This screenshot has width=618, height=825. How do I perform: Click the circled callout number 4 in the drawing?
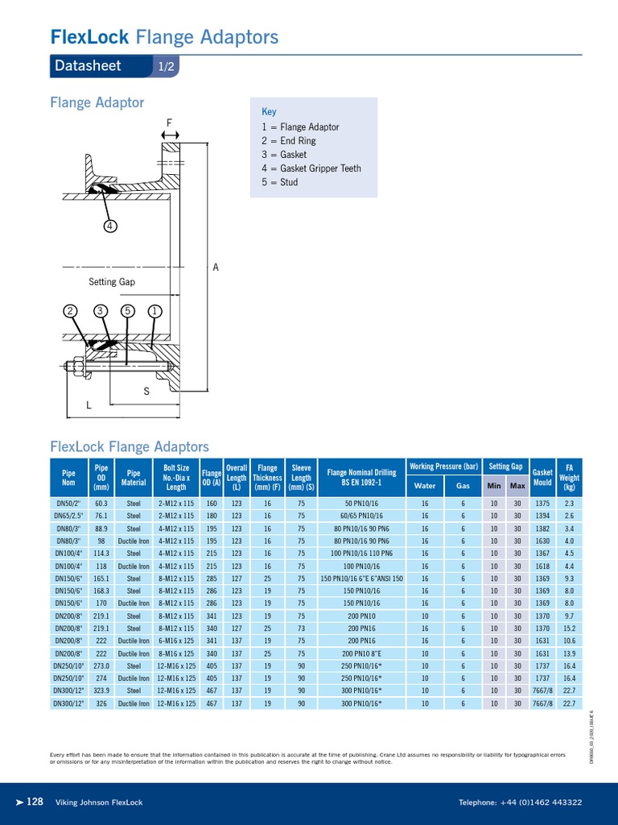click(110, 226)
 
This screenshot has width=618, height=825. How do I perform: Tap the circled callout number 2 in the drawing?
click(71, 311)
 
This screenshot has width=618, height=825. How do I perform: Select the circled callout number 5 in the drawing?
click(126, 311)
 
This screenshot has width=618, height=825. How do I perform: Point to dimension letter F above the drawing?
click(169, 122)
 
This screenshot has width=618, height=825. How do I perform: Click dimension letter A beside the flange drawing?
click(216, 267)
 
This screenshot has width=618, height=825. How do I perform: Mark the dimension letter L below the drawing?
click(89, 406)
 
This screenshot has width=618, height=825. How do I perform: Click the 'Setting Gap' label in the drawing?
click(113, 282)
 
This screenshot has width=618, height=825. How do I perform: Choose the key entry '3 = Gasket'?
click(284, 155)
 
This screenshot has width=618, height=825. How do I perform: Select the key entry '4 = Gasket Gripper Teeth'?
click(311, 168)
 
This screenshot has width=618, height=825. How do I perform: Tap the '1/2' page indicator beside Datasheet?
click(167, 66)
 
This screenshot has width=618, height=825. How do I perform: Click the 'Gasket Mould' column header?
click(542, 478)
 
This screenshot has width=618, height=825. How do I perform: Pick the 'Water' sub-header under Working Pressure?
click(424, 486)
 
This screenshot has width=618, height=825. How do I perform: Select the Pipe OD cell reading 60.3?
click(101, 503)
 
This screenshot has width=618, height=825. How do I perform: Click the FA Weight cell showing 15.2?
click(569, 628)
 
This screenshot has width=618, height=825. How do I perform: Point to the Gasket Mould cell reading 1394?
click(542, 516)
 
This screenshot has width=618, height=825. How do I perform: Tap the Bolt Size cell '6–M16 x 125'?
click(176, 641)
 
